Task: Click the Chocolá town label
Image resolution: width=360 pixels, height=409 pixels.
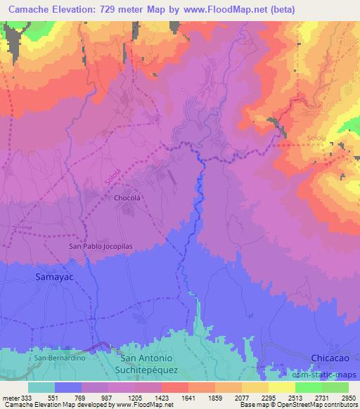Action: tap(128, 198)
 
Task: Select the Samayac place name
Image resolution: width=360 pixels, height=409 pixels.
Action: tap(53, 278)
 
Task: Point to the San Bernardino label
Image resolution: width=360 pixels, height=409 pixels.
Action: tap(60, 358)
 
